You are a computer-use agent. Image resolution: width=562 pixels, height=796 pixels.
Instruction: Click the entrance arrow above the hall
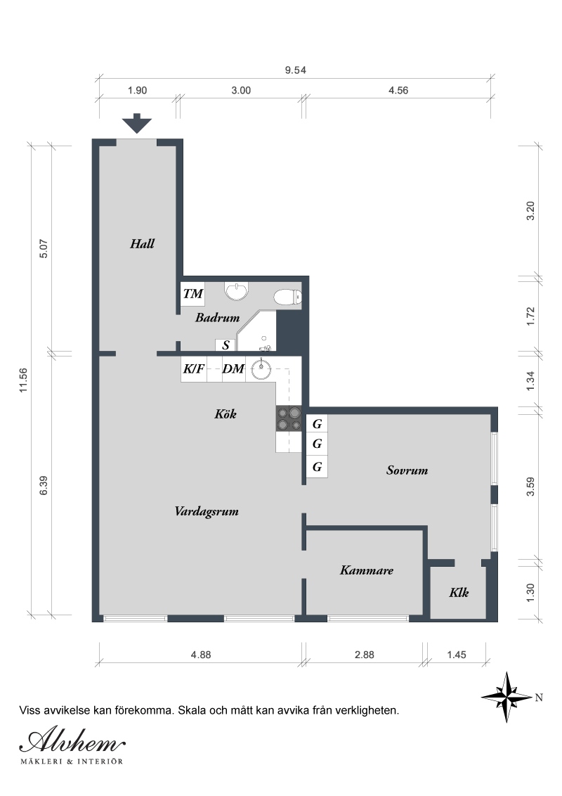137,123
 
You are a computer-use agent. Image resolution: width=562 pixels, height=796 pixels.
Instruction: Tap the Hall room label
142,244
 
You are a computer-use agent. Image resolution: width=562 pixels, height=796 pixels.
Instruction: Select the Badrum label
217,318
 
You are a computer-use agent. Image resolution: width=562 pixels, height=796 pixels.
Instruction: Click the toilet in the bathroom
287,297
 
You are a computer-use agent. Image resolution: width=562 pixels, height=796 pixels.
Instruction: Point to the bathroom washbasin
236,290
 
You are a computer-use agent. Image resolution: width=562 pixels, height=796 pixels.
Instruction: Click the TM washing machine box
192,293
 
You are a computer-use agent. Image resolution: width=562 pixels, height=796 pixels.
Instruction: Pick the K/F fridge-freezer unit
194,369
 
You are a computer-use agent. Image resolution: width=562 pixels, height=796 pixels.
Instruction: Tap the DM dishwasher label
233,369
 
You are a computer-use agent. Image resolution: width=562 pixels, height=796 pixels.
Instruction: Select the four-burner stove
289,419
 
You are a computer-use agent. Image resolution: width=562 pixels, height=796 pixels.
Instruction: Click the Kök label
226,414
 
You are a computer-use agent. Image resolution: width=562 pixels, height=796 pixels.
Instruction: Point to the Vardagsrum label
207,512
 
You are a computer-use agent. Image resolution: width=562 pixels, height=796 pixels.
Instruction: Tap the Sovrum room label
407,470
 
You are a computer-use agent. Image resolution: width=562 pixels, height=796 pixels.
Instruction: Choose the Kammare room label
366,570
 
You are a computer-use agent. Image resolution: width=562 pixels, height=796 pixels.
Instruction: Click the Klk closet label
459,593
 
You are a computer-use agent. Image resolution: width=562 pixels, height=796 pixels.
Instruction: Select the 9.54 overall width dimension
295,70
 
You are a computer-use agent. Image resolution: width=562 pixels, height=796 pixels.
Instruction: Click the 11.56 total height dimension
23,380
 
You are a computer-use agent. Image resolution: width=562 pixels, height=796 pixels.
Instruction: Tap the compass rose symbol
507,697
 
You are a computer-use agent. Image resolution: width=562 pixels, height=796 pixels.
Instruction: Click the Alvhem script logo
72,742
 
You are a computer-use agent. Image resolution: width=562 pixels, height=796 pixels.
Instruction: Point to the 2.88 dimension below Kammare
364,655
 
